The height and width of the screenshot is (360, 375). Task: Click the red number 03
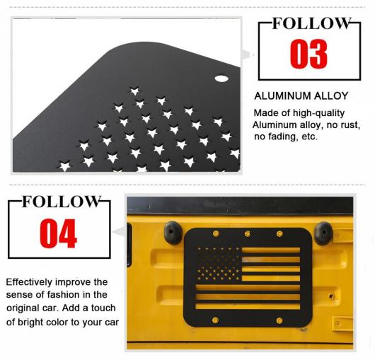click(308, 54)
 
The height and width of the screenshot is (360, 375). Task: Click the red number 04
click(58, 233)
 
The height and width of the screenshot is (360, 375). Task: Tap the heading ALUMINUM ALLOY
click(301, 96)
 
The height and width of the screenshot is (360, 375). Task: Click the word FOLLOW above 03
click(311, 23)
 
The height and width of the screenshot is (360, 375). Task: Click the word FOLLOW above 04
click(61, 202)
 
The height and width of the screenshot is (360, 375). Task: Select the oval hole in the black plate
click(221, 79)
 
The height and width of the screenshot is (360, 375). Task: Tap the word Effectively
click(29, 281)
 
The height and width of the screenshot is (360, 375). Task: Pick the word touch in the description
click(103, 308)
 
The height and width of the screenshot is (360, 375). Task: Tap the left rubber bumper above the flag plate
click(173, 233)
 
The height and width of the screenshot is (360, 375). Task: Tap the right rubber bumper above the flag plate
click(323, 233)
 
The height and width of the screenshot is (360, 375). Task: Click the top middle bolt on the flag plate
click(248, 233)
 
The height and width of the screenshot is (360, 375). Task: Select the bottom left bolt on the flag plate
click(215, 320)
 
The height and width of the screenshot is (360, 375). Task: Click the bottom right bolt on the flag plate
click(279, 320)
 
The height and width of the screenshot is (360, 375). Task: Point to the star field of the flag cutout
click(219, 264)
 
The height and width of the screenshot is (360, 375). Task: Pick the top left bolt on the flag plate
click(216, 233)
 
